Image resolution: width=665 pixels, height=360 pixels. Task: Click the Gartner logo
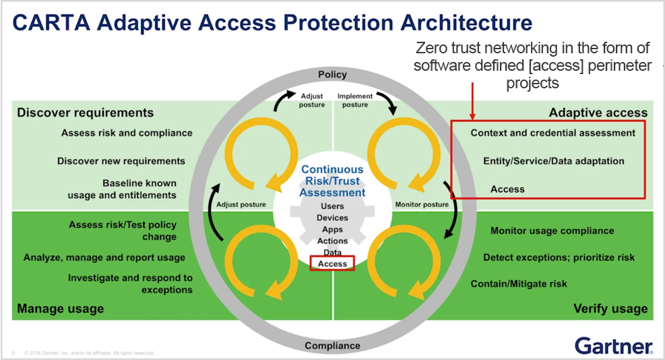coord(613,345)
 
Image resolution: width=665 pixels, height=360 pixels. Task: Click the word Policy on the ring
coord(332,75)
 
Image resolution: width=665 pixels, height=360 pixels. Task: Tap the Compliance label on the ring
coord(332,346)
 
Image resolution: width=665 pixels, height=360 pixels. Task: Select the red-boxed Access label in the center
coord(332,264)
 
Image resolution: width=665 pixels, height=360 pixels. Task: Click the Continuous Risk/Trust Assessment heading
coord(332,181)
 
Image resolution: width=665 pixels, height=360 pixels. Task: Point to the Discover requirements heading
coord(86,113)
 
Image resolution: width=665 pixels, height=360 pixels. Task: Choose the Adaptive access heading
coord(598,113)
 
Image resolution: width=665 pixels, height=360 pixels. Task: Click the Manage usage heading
coord(61,309)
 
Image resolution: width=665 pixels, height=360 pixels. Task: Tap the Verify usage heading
coord(610,309)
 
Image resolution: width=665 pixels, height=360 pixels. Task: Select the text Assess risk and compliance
coord(127,133)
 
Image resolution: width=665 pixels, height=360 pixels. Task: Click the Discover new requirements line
coord(121,161)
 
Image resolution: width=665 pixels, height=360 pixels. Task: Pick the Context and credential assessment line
coord(552,133)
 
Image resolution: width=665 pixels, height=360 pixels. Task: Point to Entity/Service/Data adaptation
coord(554,161)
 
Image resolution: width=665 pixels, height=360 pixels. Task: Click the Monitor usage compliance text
coord(552,231)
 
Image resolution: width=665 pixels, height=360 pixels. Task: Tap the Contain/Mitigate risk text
coord(519,284)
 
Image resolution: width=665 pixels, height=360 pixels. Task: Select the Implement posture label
coord(355,100)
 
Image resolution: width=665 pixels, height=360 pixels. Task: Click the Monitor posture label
coord(422,204)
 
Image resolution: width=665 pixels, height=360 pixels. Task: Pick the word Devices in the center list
coord(332,218)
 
